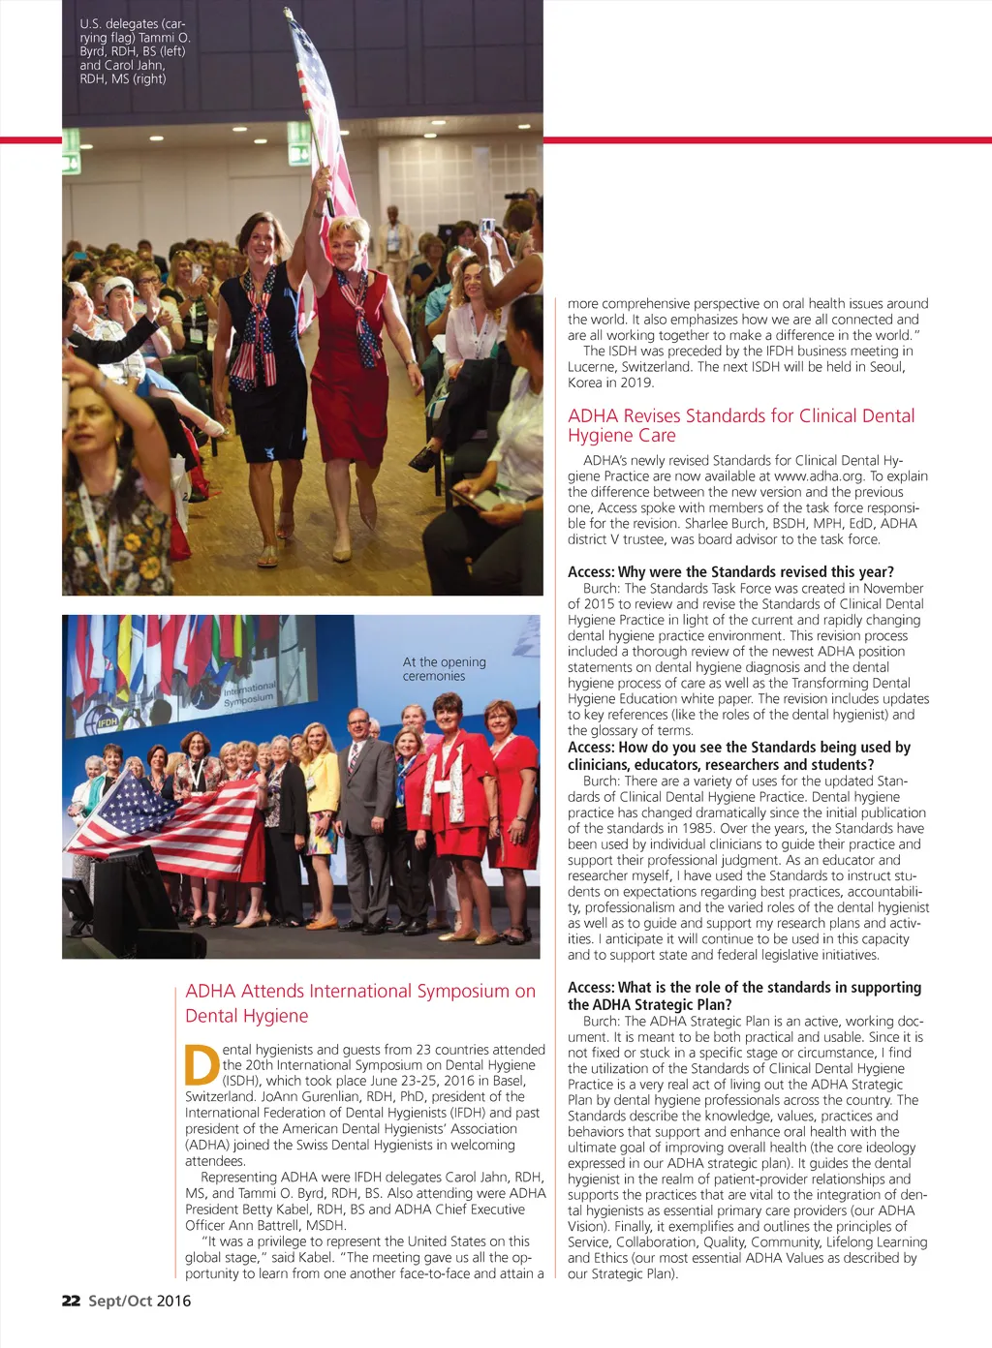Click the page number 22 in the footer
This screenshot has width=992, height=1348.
click(71, 1301)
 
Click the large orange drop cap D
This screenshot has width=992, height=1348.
click(201, 1064)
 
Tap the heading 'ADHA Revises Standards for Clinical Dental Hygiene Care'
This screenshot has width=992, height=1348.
click(741, 425)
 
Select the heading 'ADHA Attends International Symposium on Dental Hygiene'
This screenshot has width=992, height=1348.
click(359, 1003)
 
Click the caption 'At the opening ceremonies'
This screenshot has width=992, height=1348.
click(444, 668)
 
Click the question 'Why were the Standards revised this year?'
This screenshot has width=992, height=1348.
click(730, 571)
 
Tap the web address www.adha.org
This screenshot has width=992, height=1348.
click(819, 475)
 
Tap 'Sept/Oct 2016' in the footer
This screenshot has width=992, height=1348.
click(139, 1301)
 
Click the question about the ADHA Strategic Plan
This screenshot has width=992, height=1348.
click(744, 996)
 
